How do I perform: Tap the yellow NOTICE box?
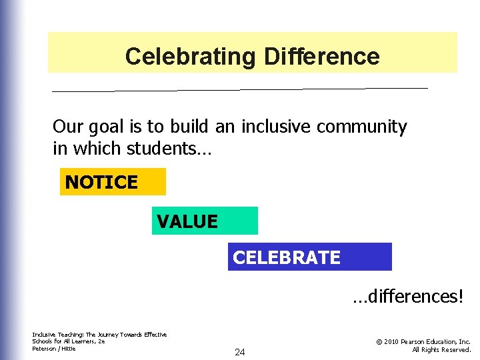(x=112, y=182)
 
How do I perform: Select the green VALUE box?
(x=204, y=221)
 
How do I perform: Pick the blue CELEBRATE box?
(x=309, y=257)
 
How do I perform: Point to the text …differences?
(x=407, y=296)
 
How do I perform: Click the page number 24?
(x=239, y=352)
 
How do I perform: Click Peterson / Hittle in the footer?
(x=54, y=349)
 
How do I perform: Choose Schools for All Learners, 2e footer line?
(x=68, y=341)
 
